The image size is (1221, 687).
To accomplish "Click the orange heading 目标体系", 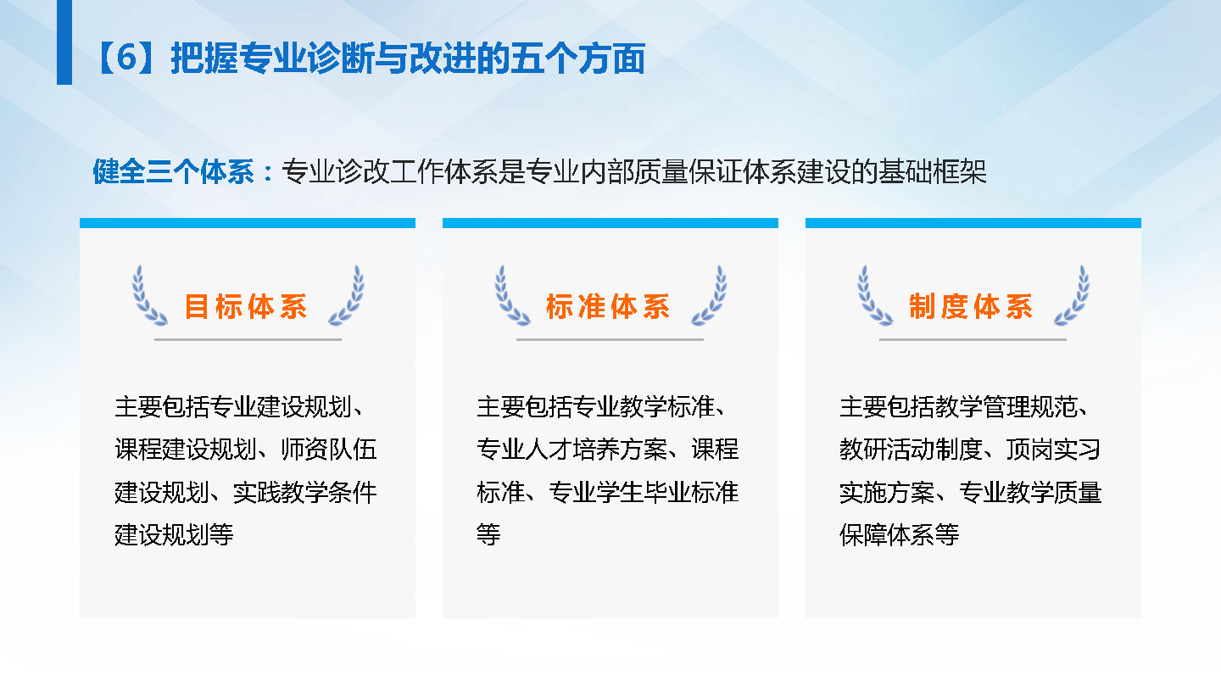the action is point(246,306).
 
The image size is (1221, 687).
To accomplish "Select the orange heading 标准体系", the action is point(608,306).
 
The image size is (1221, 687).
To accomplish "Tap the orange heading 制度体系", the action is point(971,306).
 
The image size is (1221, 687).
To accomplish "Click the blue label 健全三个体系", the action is point(173,171).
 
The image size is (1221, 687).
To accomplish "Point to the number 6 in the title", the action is point(126,58).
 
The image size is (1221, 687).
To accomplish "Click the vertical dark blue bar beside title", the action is point(64,42).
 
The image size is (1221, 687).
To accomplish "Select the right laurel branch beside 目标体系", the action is point(347,295).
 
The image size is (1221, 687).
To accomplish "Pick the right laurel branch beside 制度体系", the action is point(1072,295).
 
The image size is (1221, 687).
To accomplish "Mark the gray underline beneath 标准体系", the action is point(610,339).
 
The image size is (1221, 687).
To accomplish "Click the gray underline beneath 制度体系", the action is point(973,339).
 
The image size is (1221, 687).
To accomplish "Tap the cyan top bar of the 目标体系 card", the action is point(248,223).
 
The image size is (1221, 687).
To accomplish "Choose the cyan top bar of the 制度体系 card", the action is point(973,223).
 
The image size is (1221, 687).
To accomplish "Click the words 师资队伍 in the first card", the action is point(329,450).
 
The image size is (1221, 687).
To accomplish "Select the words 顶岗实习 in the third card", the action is point(1053,450).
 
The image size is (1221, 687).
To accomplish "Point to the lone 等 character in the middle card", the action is point(488,534).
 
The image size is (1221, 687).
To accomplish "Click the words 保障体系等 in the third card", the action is point(899,534).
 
